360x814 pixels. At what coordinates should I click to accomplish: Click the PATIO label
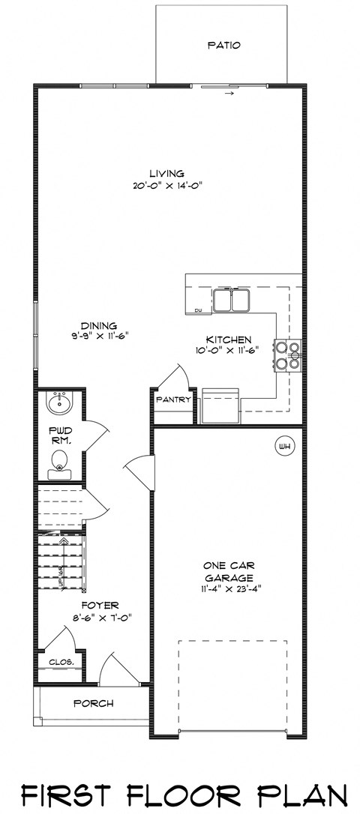[x=223, y=46]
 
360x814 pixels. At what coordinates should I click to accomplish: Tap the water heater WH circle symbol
[x=284, y=447]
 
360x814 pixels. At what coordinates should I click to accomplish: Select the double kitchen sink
[x=232, y=300]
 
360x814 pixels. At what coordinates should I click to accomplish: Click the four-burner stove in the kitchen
[x=289, y=356]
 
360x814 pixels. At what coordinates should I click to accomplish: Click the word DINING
[x=100, y=326]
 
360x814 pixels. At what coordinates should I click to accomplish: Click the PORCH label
[x=94, y=703]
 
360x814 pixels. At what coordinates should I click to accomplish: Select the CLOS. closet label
[x=60, y=663]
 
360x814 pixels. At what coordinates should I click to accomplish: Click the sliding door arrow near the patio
[x=229, y=94]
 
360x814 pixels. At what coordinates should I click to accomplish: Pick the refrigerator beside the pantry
[x=220, y=406]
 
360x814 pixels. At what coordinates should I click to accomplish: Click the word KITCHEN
[x=227, y=340]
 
